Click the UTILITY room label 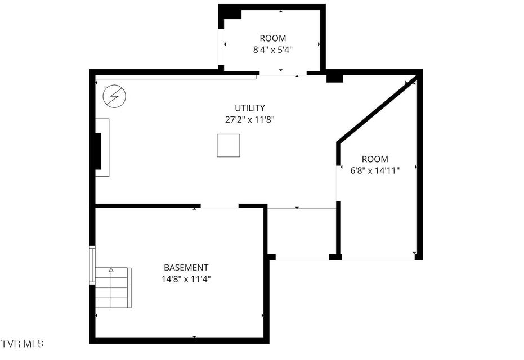pyautogui.click(x=250, y=108)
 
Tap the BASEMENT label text pyautogui.click(x=186, y=267)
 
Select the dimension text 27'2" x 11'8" pyautogui.click(x=250, y=120)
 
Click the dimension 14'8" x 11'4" pyautogui.click(x=186, y=279)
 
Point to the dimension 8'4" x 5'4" pyautogui.click(x=272, y=49)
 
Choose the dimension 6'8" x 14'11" pyautogui.click(x=375, y=170)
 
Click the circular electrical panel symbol pyautogui.click(x=114, y=96)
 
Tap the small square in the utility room pyautogui.click(x=229, y=145)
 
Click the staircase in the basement pyautogui.click(x=113, y=287)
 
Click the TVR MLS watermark pyautogui.click(x=22, y=343)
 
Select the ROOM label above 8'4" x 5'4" pyautogui.click(x=272, y=38)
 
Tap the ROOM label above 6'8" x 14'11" pyautogui.click(x=375, y=159)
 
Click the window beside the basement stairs pyautogui.click(x=92, y=265)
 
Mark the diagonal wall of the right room pyautogui.click(x=377, y=110)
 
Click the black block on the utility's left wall pyautogui.click(x=98, y=151)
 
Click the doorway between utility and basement pyautogui.click(x=220, y=206)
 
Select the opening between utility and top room pyautogui.click(x=283, y=74)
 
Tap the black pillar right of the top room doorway pyautogui.click(x=334, y=78)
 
